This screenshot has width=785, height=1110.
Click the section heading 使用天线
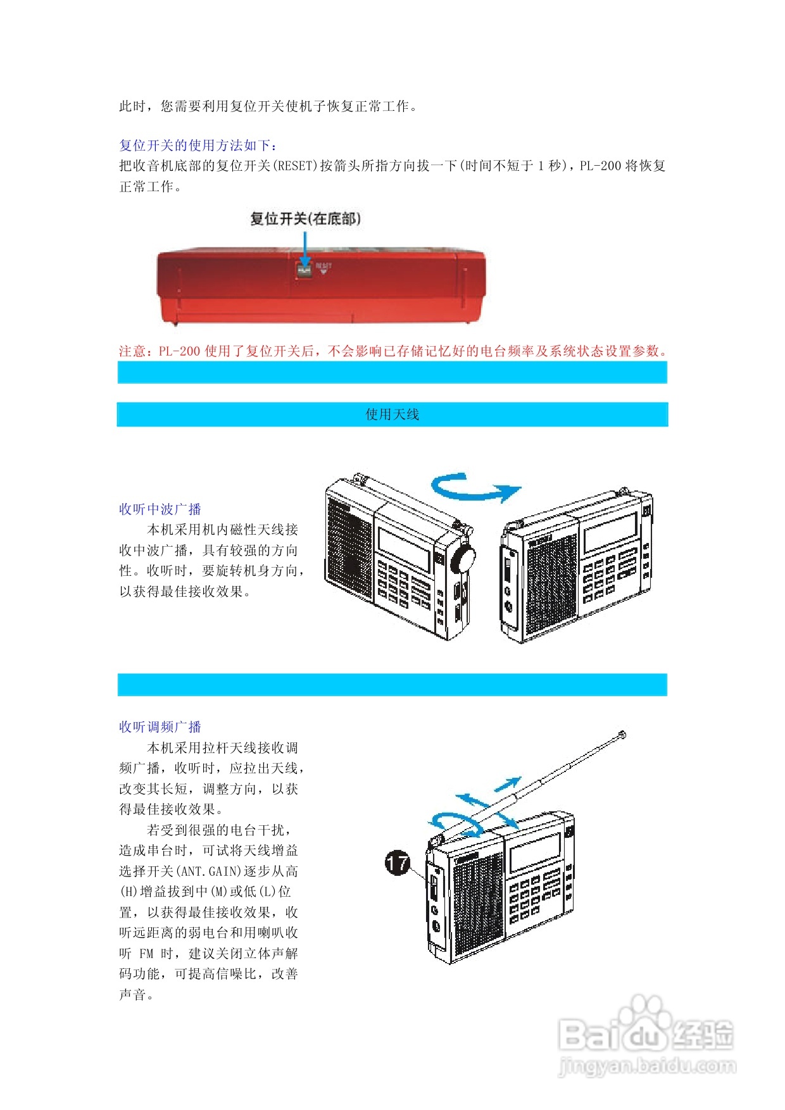click(x=392, y=415)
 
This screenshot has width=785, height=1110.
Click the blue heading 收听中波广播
click(x=160, y=509)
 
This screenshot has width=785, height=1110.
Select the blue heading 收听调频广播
click(x=160, y=727)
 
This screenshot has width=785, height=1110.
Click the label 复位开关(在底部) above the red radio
click(x=306, y=219)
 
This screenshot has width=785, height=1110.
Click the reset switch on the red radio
click(x=305, y=270)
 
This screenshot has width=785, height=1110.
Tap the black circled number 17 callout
click(x=398, y=863)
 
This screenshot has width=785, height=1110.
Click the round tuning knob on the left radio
click(x=464, y=559)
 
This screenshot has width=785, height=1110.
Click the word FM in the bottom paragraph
click(x=146, y=954)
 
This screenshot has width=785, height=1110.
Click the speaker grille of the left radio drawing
click(x=349, y=544)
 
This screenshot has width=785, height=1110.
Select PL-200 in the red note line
click(x=179, y=351)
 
